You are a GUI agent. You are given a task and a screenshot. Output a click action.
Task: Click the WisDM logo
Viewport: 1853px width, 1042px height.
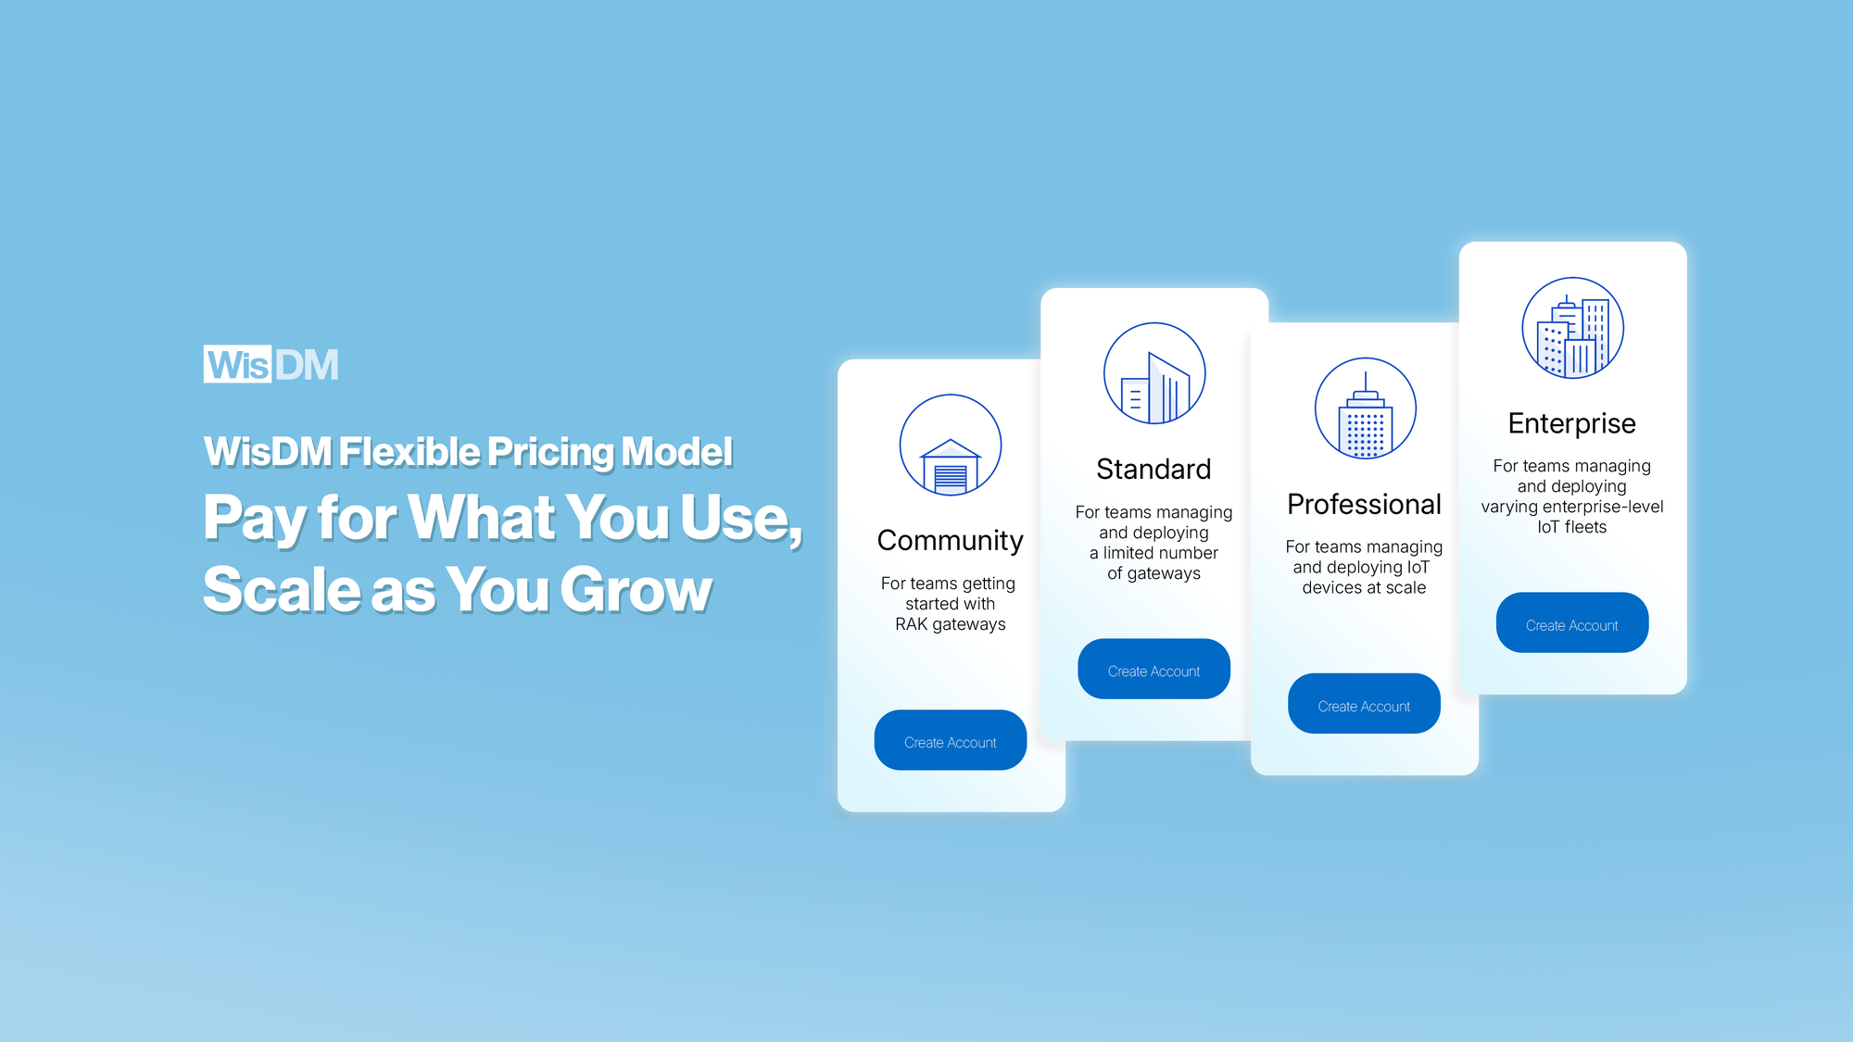pos(271,364)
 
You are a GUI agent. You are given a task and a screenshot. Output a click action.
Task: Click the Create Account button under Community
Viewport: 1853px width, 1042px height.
pos(950,741)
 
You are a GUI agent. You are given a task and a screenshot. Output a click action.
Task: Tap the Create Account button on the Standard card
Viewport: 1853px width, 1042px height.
pos(1153,670)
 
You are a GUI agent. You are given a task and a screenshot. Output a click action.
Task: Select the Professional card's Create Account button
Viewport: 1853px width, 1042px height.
pos(1364,705)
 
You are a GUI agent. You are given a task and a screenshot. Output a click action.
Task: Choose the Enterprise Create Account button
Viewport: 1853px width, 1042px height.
pos(1571,623)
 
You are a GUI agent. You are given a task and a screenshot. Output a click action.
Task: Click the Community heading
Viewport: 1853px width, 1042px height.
pos(950,540)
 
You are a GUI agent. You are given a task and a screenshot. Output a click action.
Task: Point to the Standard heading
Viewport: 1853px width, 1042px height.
pos(1153,469)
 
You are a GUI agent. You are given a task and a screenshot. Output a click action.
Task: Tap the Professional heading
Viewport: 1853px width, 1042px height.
pos(1364,504)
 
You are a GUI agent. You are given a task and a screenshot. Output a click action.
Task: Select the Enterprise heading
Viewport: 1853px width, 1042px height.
pos(1571,423)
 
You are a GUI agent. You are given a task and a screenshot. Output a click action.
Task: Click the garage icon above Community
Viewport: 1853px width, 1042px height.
pos(950,446)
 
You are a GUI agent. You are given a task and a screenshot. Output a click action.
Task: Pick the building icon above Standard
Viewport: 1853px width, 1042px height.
pos(1153,373)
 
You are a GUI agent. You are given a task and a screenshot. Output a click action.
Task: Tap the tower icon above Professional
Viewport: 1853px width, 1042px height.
pos(1365,408)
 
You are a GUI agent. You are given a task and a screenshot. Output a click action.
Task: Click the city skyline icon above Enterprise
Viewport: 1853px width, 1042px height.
pos(1572,328)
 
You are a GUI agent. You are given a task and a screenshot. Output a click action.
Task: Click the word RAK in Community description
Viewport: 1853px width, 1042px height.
pos(911,624)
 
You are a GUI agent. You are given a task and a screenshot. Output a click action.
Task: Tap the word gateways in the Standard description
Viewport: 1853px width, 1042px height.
pos(1165,573)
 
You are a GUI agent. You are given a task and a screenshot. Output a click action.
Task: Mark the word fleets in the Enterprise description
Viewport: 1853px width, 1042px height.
pos(1585,527)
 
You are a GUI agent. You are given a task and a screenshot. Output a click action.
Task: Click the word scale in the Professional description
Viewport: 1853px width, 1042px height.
pos(1406,587)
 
